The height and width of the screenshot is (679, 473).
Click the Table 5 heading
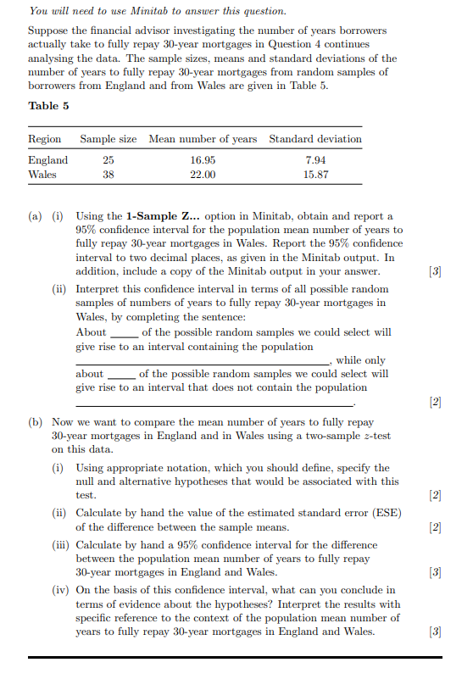(48, 105)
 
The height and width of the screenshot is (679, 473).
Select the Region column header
(45, 138)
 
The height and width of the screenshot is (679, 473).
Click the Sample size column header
(108, 138)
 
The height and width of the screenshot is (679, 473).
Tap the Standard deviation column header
(314, 138)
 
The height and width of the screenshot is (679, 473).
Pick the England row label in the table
(48, 160)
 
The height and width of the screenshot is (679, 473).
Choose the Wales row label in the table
(42, 175)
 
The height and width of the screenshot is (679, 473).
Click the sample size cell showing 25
(108, 160)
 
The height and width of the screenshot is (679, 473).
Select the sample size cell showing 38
(108, 175)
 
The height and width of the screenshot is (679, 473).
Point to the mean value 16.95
(203, 160)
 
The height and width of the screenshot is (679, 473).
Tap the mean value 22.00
(203, 175)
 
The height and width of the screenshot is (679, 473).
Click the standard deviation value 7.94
(315, 160)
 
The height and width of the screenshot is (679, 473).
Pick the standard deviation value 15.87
(315, 175)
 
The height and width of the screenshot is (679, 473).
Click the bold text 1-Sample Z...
(163, 217)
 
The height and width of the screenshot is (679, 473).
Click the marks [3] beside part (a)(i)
(436, 270)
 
